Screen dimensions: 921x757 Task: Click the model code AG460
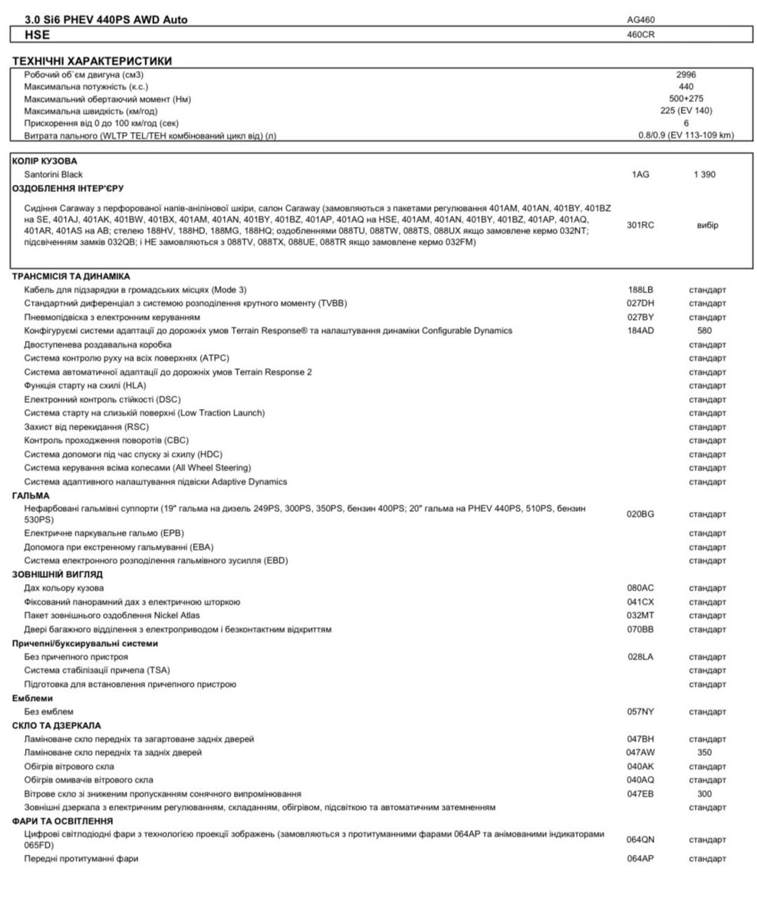pos(640,19)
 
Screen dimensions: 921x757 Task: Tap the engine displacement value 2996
pos(686,74)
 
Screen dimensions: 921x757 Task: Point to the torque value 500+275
pos(686,98)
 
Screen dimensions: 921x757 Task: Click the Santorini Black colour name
pos(54,174)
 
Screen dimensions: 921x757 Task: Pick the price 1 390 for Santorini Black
pos(704,174)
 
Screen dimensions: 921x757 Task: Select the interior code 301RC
pos(640,225)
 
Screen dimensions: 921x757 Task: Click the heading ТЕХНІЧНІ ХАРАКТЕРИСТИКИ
pos(92,61)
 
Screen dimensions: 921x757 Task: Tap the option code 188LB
pos(640,289)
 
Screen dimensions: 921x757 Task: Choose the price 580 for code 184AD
pos(704,331)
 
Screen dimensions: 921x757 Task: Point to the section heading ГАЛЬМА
pos(31,496)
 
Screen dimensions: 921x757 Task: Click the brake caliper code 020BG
pos(640,513)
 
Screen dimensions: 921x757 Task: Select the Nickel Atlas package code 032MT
pos(640,616)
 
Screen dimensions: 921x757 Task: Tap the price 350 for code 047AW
pos(704,752)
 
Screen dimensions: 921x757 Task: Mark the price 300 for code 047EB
pos(704,794)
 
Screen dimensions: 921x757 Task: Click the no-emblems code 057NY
pos(640,711)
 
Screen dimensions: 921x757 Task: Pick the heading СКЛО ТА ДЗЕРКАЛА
pos(57,725)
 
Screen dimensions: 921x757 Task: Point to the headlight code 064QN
pos(640,839)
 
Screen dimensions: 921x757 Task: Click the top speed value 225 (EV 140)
pos(686,111)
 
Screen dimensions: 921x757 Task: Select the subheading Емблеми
pos(32,698)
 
